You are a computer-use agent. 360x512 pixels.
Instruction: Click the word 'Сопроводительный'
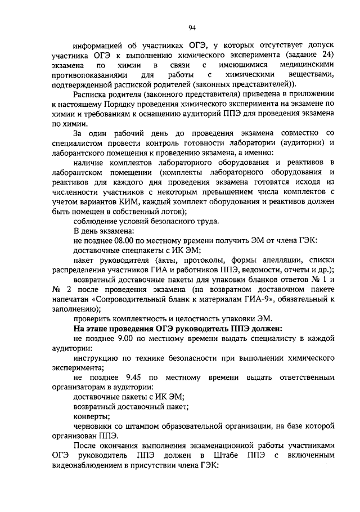pos(134,299)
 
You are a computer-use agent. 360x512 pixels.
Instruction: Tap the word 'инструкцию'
pos(98,358)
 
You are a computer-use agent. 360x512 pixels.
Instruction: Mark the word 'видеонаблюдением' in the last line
pos(87,466)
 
